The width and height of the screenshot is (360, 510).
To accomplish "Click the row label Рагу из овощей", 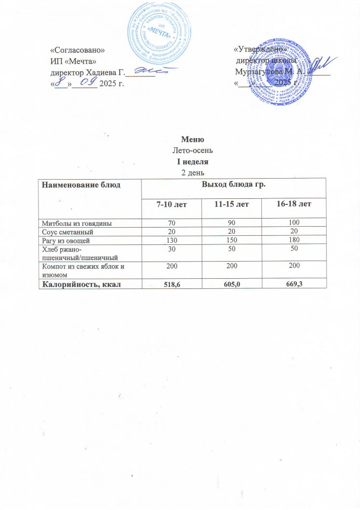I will point(66,239).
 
